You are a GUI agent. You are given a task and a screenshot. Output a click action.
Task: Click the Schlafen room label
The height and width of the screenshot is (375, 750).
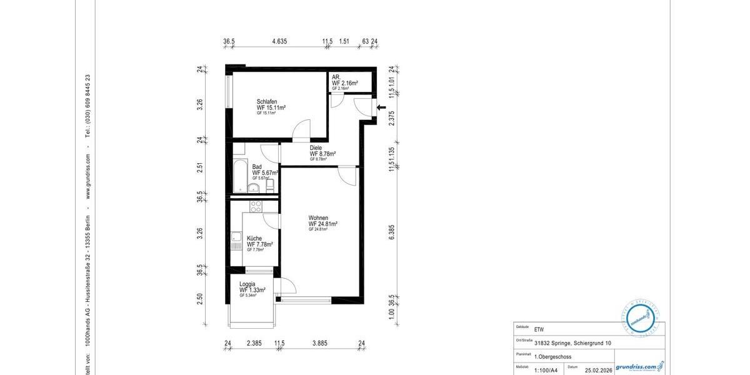tap(266, 102)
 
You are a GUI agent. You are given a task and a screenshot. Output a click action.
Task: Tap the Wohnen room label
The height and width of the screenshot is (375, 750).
tap(318, 218)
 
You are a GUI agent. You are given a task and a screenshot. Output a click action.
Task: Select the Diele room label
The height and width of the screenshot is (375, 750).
tap(316, 148)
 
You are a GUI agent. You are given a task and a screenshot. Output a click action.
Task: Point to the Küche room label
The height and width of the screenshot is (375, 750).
tap(254, 238)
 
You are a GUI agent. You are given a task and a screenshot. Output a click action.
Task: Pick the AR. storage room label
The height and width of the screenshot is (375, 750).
tap(336, 77)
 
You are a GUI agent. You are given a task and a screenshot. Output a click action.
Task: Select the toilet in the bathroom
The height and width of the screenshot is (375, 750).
tap(269, 186)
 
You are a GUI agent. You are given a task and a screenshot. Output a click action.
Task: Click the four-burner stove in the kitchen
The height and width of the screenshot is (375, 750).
tap(255, 206)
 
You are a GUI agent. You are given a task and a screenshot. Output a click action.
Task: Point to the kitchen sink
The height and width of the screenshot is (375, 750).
tap(236, 237)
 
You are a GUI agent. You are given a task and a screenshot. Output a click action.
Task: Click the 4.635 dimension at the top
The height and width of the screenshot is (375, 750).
tap(279, 42)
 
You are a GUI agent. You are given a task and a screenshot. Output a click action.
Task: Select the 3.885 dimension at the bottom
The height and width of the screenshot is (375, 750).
tap(319, 343)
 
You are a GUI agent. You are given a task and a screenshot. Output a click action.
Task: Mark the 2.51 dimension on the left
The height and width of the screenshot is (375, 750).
tap(200, 167)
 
